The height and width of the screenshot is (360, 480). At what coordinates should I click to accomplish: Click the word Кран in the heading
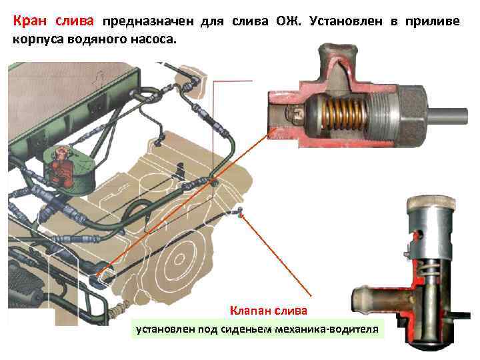point(31,21)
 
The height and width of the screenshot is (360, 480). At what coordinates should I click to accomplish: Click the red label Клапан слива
point(269,311)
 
